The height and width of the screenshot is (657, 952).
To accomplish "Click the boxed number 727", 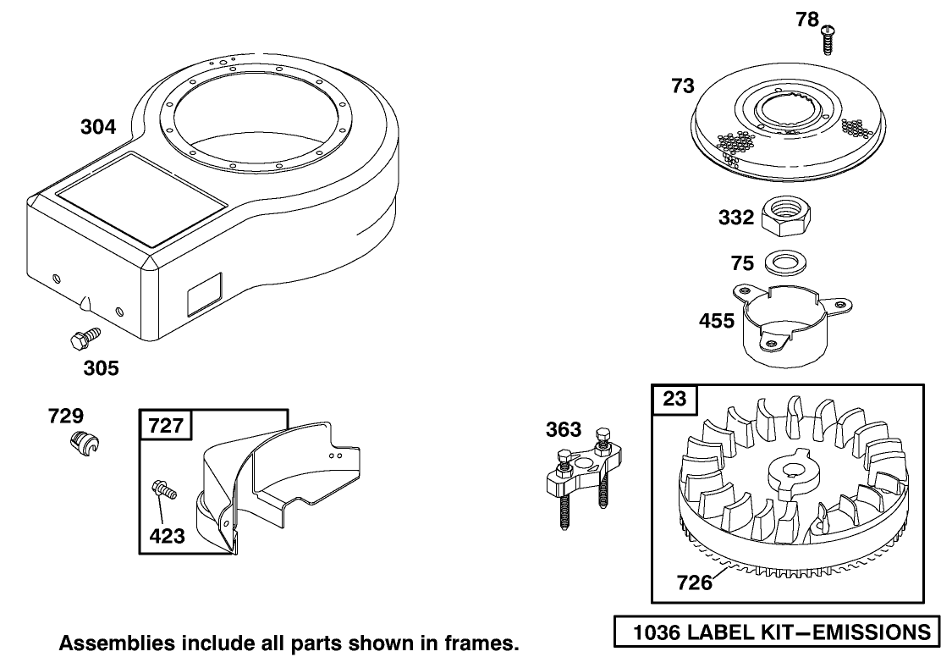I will [166, 424].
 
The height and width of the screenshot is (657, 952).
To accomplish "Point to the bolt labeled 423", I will [162, 489].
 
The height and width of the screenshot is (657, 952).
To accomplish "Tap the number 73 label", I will [682, 86].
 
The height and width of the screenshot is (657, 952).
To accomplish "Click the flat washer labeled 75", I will [784, 262].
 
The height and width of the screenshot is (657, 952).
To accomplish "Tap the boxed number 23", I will [675, 399].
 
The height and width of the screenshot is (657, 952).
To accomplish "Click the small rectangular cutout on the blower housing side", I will [203, 290].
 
